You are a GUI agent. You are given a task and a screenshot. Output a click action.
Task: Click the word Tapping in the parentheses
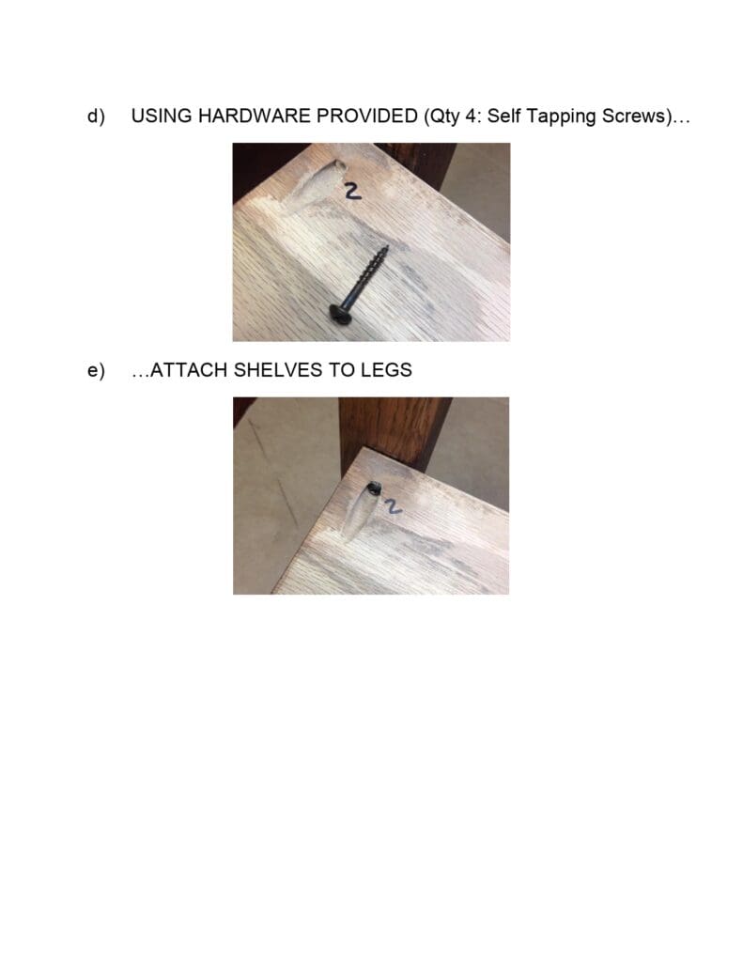click(558, 116)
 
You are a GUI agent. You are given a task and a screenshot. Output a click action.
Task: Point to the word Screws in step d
click(629, 116)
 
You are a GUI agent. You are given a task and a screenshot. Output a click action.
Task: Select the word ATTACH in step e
click(188, 370)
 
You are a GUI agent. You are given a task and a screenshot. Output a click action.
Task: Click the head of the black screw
click(339, 315)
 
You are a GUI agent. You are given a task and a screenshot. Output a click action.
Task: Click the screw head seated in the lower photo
click(374, 488)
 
